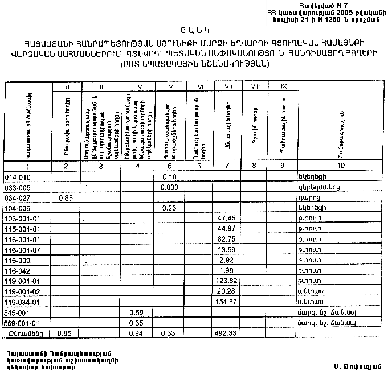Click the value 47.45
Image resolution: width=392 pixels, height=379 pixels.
(227, 219)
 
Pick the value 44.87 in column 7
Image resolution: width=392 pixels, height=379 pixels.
(227, 229)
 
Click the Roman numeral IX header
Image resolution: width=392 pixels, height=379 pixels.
(283, 87)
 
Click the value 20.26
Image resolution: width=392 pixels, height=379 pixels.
(227, 291)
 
